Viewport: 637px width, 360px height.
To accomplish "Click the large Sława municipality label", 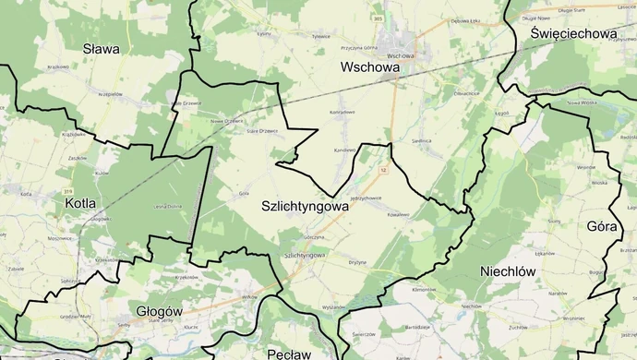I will pyautogui.click(x=102, y=49).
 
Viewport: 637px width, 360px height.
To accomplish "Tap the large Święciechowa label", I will pyautogui.click(x=573, y=33).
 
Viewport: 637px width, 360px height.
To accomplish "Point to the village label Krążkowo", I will pyautogui.click(x=58, y=66).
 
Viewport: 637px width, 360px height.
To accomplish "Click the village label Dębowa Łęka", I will pyautogui.click(x=465, y=20).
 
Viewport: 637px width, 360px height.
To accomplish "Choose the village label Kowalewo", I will pyautogui.click(x=398, y=213).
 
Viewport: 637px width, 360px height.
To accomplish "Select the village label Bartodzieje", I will pyautogui.click(x=417, y=326).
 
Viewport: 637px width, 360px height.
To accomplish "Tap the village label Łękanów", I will pyautogui.click(x=569, y=253).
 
